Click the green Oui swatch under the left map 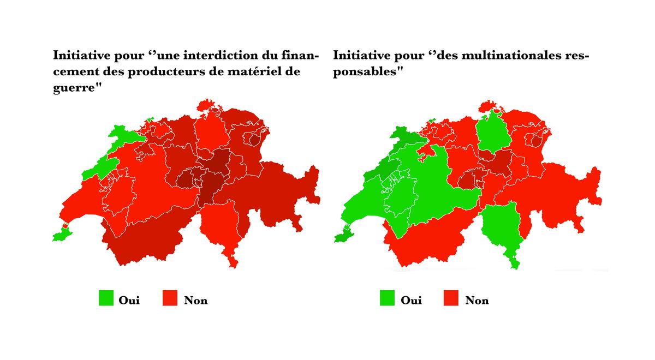click(106, 298)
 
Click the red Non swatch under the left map click(171, 298)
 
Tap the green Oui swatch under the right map click(387, 298)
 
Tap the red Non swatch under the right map click(451, 298)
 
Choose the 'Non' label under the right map click(477, 300)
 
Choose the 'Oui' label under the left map click(129, 300)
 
